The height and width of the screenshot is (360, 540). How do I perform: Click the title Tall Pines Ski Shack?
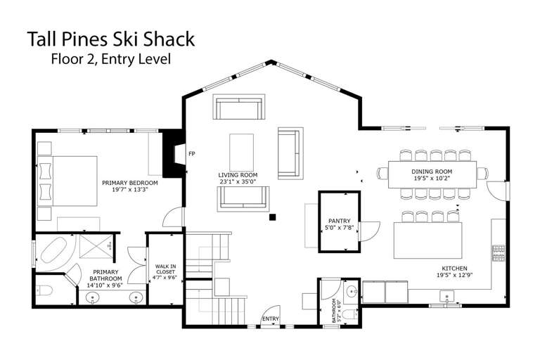111,39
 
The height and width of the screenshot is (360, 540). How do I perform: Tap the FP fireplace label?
192,154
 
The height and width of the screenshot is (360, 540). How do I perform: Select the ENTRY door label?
271,319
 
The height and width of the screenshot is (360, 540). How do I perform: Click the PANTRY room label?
339,221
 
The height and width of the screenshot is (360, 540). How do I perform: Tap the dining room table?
432,174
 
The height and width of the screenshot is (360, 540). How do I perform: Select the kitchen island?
427,240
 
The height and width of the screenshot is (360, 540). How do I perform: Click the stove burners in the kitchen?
499,253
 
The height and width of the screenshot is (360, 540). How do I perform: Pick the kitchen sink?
446,296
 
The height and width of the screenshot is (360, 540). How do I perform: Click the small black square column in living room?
272,217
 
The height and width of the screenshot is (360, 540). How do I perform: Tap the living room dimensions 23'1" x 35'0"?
238,181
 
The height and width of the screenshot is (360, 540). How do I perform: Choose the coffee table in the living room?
242,153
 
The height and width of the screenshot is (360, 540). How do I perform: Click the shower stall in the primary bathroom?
96,246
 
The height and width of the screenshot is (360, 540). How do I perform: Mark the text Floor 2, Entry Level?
111,59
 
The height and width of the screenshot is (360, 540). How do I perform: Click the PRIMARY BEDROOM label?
130,183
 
